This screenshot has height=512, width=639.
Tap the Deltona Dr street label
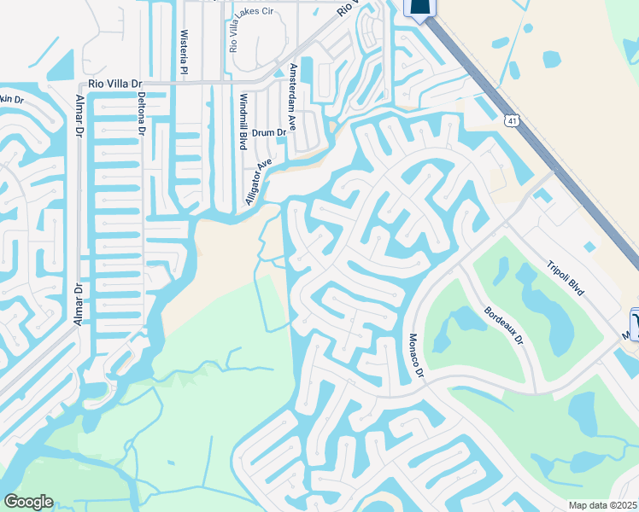click(142, 114)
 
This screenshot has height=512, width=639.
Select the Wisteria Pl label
click(182, 50)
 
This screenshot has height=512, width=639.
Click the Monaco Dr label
click(415, 358)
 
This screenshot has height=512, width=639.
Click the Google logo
click(28, 502)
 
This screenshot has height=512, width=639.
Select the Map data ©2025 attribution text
click(603, 505)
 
